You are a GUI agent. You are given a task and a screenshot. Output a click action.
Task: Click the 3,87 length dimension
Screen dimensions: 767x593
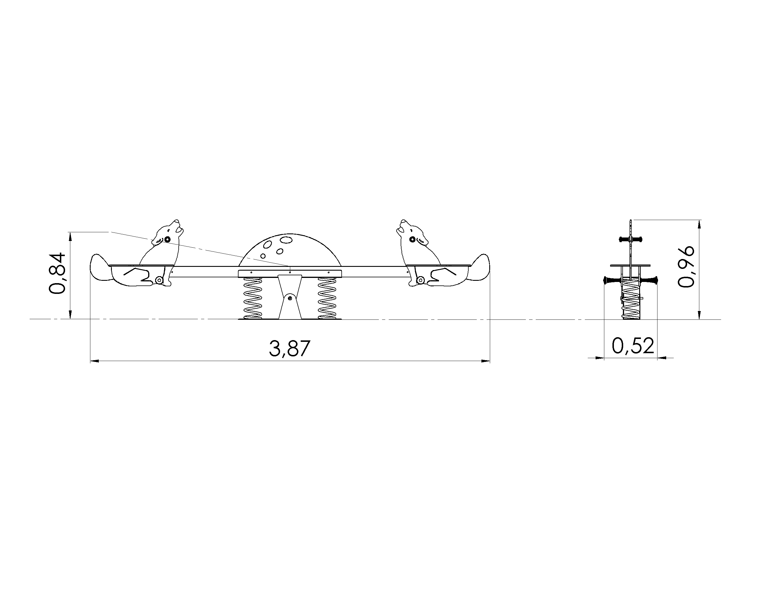click(x=290, y=348)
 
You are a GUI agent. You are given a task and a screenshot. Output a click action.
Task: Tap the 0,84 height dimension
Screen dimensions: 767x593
click(x=57, y=273)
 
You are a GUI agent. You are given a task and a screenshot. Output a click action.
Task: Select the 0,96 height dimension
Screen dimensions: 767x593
click(x=686, y=267)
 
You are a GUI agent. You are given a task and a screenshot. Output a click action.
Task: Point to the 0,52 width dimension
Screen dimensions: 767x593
click(x=633, y=346)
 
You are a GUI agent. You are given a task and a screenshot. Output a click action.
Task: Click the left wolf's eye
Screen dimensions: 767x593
click(x=167, y=239)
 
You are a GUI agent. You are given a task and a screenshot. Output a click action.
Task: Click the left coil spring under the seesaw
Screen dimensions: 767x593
click(x=252, y=298)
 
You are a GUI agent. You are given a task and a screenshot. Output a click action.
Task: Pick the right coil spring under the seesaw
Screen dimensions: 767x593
click(x=327, y=298)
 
